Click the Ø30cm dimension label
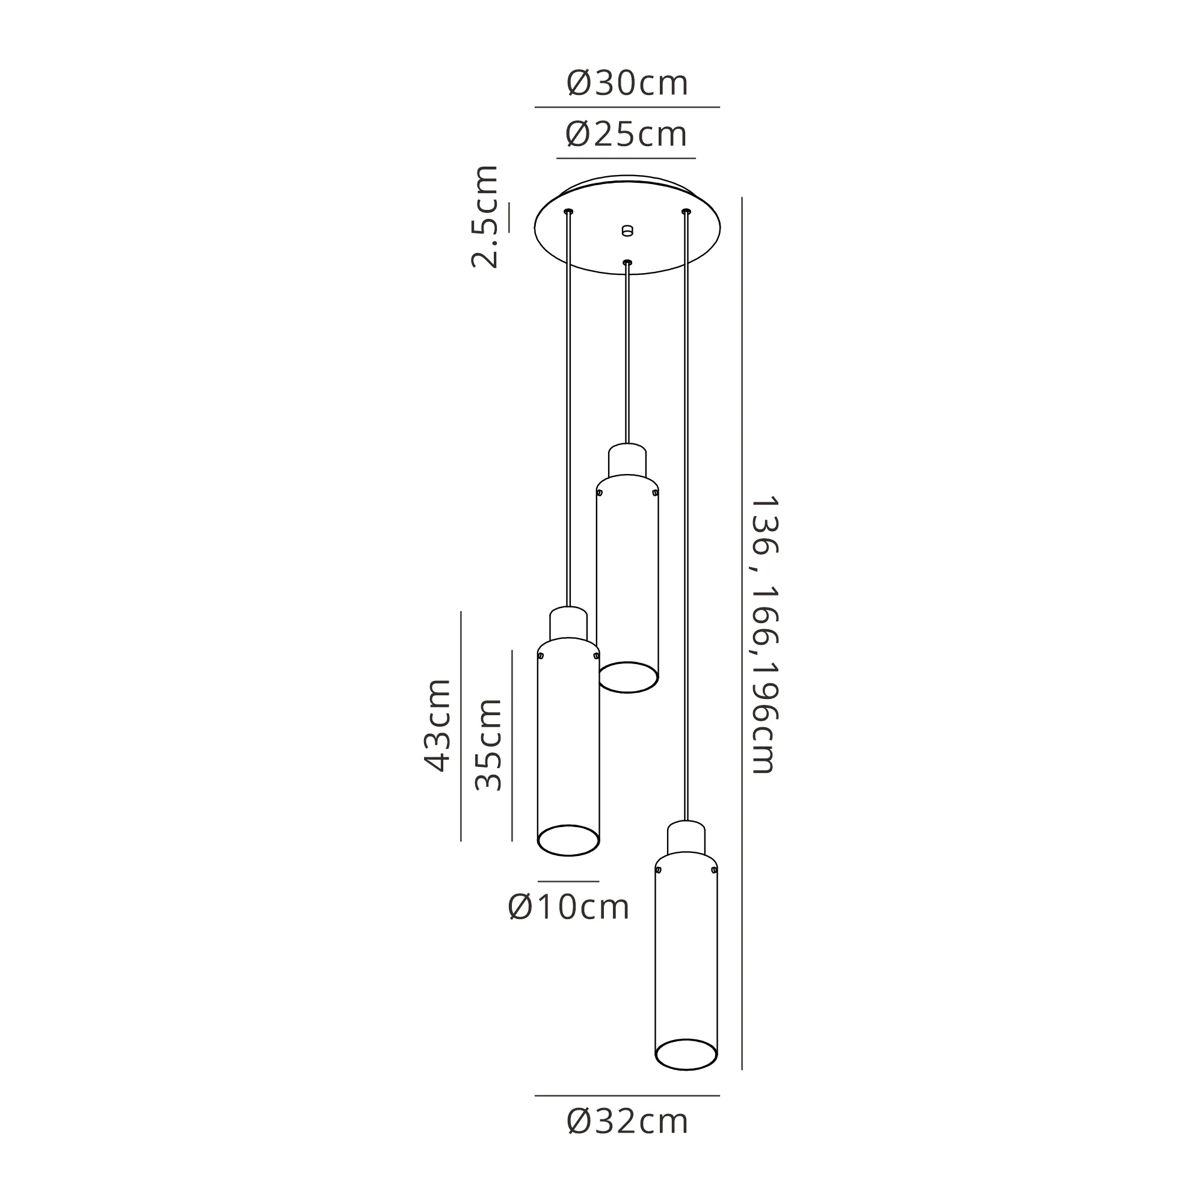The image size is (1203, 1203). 627,84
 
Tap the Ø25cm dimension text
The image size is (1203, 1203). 626,135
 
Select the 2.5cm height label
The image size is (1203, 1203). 485,217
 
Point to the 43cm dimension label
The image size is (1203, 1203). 437,725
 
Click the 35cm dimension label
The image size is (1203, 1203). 488,744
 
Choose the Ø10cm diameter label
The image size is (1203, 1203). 568,907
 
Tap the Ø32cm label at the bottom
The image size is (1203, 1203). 627,1122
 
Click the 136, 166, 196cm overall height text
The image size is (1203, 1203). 765,635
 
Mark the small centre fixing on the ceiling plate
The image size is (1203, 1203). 627,230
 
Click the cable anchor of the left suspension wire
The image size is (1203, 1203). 568,212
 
